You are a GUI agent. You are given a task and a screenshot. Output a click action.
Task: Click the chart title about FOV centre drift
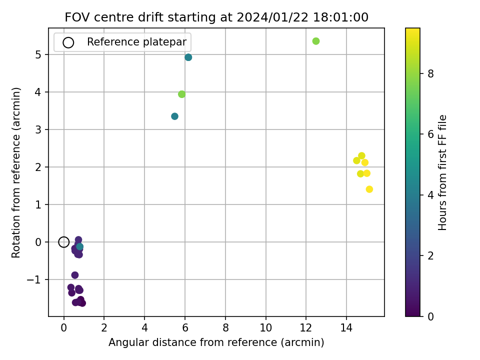pyautogui.click(x=216, y=17)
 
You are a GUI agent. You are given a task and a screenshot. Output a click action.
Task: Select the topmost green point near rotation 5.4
pyautogui.click(x=316, y=41)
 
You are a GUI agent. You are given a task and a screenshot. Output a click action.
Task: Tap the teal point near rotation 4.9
pyautogui.click(x=188, y=57)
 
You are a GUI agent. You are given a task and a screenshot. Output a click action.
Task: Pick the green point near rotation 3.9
pyautogui.click(x=181, y=94)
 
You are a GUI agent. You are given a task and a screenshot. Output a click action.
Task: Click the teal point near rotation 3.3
pyautogui.click(x=174, y=116)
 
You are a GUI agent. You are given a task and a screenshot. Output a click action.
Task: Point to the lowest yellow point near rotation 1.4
pyautogui.click(x=369, y=189)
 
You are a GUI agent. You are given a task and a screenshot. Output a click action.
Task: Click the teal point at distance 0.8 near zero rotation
pyautogui.click(x=79, y=246)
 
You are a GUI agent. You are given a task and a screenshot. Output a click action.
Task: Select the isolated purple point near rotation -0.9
pyautogui.click(x=75, y=275)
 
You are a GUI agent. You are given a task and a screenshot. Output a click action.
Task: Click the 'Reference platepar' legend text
pyautogui.click(x=136, y=42)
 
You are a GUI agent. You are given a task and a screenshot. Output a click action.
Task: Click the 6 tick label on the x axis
pyautogui.click(x=185, y=328)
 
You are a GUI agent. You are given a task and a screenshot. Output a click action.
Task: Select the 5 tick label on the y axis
pyautogui.click(x=38, y=55)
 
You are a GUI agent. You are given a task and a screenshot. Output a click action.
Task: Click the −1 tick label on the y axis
pyautogui.click(x=34, y=280)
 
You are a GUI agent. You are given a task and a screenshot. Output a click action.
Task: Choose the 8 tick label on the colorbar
pyautogui.click(x=430, y=74)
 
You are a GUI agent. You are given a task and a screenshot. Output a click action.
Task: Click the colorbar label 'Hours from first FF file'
pyautogui.click(x=442, y=172)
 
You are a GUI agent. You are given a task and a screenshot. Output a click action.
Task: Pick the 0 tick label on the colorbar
pyautogui.click(x=430, y=316)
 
